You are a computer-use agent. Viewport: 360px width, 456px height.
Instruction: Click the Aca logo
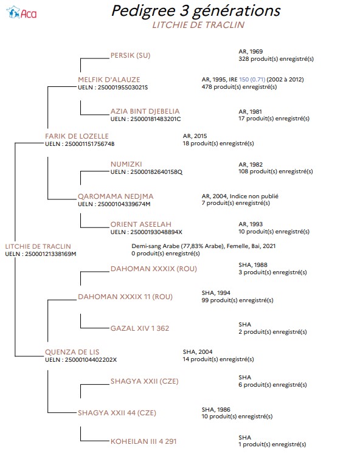[x=21, y=13]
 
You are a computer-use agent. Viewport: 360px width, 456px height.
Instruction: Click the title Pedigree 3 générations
[x=196, y=12]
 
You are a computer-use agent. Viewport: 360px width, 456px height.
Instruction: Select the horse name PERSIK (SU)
[x=130, y=55]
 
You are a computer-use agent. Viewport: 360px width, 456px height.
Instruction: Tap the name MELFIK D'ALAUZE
[x=109, y=80]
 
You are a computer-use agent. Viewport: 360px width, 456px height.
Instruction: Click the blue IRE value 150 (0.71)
[x=252, y=80]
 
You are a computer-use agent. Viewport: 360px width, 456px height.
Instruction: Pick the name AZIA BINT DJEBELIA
[x=145, y=111]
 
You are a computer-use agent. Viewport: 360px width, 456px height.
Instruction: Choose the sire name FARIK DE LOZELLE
[x=77, y=136]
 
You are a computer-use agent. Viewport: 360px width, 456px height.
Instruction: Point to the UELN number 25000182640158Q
[x=156, y=172]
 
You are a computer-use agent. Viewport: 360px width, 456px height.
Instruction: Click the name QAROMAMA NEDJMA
[x=116, y=196]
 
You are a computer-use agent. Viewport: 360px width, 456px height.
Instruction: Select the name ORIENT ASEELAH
[x=140, y=224]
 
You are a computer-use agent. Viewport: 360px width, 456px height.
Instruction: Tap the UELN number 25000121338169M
[x=50, y=254]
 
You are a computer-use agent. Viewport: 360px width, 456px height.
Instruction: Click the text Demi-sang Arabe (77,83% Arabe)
[x=178, y=246]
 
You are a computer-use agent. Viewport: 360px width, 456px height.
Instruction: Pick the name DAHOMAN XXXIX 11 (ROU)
[x=125, y=297]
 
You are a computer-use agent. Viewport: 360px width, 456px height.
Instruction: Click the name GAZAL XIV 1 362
[x=140, y=328]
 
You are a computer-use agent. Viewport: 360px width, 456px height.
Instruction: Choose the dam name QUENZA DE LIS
[x=72, y=352]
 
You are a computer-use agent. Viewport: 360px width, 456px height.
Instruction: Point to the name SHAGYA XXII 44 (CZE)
[x=117, y=413]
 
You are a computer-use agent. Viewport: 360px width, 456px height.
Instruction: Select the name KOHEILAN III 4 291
[x=144, y=441]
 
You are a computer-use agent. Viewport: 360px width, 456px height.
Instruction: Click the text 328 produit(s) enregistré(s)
[x=276, y=59]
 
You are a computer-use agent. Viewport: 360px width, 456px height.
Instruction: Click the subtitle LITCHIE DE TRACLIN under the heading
[x=198, y=25]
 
